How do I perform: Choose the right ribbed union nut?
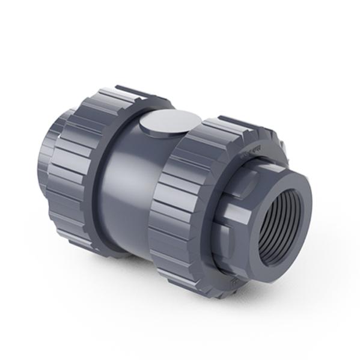coord(186,204)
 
